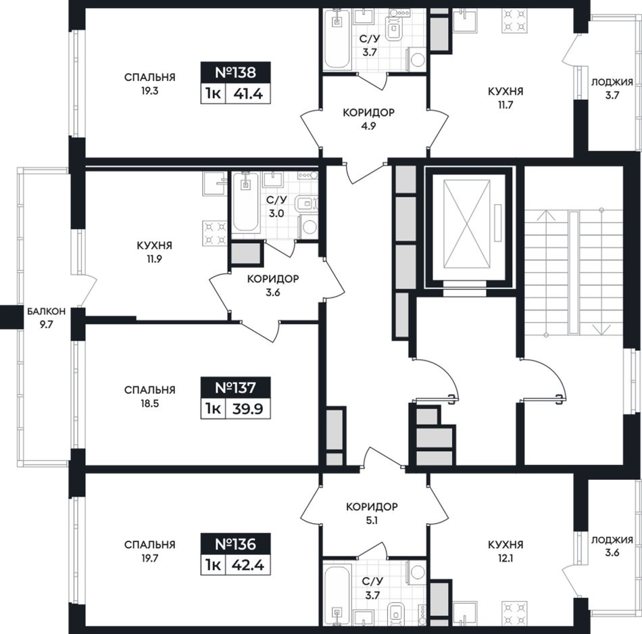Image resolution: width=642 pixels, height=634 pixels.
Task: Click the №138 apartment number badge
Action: coord(235,72)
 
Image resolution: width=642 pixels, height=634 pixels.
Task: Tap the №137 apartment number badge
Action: coord(235,387)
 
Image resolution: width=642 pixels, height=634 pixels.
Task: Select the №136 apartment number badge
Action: coord(235,544)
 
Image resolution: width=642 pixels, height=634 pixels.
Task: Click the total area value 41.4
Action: coord(248,94)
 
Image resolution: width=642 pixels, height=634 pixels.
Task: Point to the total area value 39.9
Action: coord(248,409)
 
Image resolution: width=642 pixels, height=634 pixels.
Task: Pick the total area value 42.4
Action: coord(248,565)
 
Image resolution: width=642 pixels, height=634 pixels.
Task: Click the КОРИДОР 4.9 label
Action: coord(368,119)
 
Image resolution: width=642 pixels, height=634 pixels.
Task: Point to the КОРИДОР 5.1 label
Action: coord(372,514)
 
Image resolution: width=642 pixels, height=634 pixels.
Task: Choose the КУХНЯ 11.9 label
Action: coord(154,252)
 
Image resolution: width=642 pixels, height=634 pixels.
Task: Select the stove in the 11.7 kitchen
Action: coord(514,20)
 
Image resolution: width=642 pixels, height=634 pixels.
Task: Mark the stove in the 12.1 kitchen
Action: coord(514,612)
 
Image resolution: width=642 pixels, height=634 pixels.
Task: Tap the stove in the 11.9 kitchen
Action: coord(215,233)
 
